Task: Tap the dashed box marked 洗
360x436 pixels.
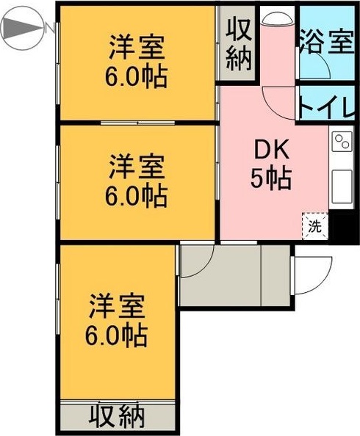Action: pos(314,226)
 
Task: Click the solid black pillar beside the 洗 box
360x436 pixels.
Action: pos(341,226)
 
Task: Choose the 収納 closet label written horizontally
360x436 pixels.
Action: pos(118,418)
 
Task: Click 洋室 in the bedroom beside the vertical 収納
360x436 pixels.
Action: pos(137,48)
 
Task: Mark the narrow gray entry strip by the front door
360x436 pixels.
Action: pos(276,275)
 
